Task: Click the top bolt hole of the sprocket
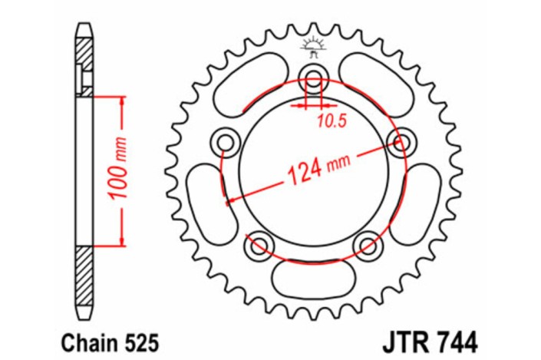click(313, 75)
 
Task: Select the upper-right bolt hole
click(400, 140)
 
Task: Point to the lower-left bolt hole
click(257, 244)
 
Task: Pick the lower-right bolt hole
click(369, 244)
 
